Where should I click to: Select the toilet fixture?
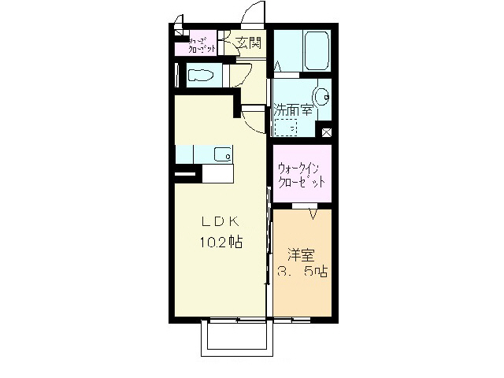pyautogui.click(x=202, y=76)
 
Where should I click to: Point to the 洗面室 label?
pyautogui.click(x=293, y=111)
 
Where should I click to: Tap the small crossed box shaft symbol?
pyautogui.click(x=327, y=133)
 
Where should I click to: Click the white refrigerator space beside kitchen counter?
pyautogui.click(x=217, y=173)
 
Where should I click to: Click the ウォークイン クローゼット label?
pyautogui.click(x=301, y=175)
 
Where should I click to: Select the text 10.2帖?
pyautogui.click(x=219, y=243)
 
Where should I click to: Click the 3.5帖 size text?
pyautogui.click(x=302, y=272)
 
